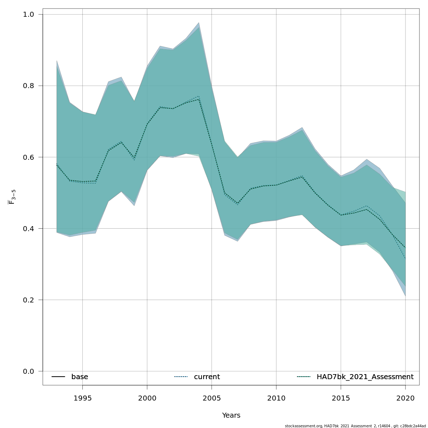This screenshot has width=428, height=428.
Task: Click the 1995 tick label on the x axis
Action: (82, 398)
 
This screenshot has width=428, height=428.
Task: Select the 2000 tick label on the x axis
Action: (147, 398)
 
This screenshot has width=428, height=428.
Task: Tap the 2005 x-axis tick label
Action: (212, 398)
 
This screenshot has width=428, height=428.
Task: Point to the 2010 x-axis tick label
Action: (276, 398)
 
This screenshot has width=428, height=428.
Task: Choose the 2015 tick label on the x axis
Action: (341, 398)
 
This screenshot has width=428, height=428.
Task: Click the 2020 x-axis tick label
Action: (405, 398)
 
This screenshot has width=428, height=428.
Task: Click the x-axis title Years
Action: (231, 416)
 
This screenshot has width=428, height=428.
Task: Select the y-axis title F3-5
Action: (12, 197)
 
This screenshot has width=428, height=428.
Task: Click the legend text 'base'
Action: (80, 377)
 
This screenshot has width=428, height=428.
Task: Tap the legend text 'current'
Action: (207, 377)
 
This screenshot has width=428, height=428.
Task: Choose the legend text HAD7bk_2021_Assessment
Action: (365, 377)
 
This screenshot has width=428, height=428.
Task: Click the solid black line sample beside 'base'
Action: (58, 377)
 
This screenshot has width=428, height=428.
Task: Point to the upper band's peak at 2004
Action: (199, 23)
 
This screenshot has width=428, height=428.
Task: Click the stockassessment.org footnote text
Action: (355, 426)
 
